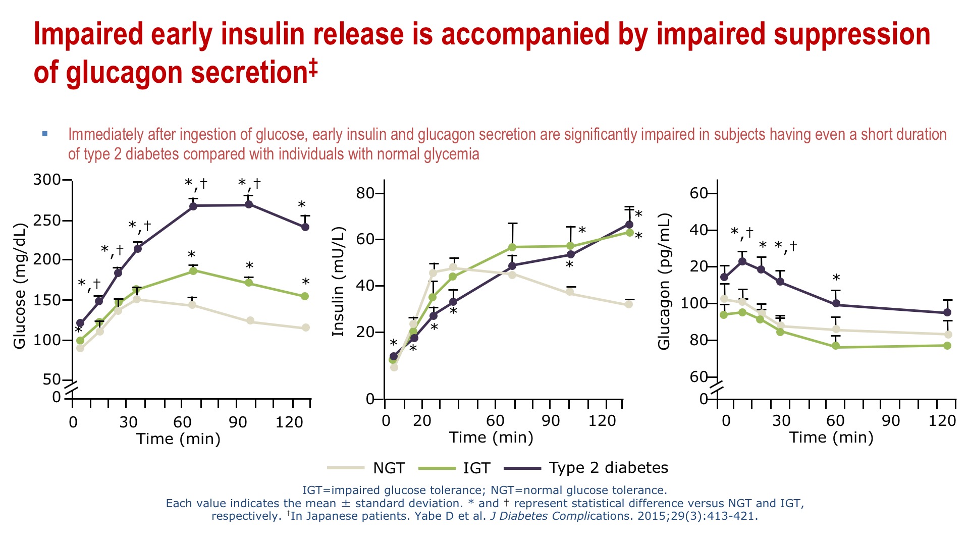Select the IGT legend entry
[455, 468]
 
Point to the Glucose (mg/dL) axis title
[19, 286]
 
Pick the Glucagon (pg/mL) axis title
[664, 282]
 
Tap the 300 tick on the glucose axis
[46, 180]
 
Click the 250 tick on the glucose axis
[46, 221]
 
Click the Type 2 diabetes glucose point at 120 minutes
[305, 227]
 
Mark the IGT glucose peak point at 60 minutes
[193, 271]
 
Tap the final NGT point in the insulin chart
[628, 304]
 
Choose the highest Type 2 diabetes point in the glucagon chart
[742, 261]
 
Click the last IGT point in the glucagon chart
[947, 346]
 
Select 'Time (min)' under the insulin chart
[491, 438]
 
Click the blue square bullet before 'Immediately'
[45, 134]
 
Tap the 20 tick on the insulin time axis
[422, 420]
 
